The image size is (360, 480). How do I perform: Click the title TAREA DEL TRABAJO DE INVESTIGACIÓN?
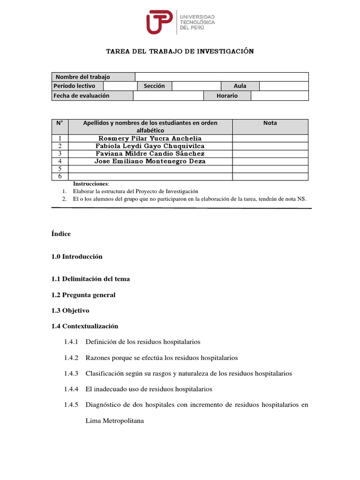180,51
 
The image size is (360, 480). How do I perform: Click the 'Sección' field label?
154,86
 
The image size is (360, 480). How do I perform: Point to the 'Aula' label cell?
240,86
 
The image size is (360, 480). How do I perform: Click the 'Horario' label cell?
227,96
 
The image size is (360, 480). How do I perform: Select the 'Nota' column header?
270,123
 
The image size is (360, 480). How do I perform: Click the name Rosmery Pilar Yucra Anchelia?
150,138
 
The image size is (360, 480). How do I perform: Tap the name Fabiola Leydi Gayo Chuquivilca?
150,146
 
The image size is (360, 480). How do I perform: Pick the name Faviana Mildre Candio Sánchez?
150,153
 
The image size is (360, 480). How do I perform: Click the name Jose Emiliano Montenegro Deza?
150,161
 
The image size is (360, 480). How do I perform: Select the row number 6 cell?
60,176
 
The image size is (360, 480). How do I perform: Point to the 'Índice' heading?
61,234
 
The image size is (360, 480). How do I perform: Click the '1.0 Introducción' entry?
77,257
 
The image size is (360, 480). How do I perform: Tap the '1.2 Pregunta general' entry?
83,295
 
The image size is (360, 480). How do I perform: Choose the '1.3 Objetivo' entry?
70,311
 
